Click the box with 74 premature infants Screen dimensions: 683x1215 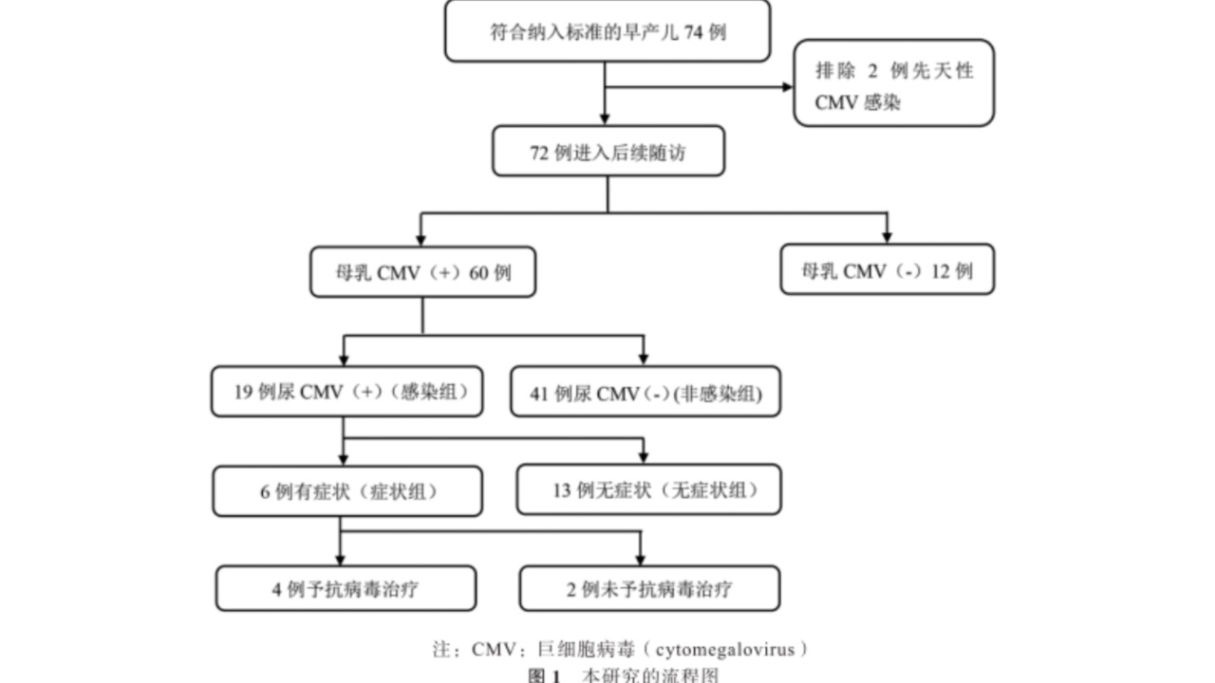(607, 31)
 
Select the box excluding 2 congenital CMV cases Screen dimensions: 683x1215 (893, 83)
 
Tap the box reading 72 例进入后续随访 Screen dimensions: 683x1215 (607, 152)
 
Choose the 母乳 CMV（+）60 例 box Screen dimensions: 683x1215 (422, 272)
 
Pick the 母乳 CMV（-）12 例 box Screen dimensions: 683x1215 (887, 270)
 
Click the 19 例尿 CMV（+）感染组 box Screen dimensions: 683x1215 (346, 392)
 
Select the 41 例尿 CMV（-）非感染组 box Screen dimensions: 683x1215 (645, 393)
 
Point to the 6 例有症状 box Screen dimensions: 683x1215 (346, 491)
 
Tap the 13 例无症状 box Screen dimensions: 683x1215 (648, 489)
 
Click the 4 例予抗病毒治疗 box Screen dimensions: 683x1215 (346, 589)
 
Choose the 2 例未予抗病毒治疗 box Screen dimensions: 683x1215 (649, 589)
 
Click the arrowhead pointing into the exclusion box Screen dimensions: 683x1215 (787, 87)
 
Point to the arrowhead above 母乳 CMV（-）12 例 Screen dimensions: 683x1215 (887, 237)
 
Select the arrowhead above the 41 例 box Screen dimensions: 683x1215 (644, 359)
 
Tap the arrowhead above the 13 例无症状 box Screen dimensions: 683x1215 (644, 456)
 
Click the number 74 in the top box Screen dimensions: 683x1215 (694, 32)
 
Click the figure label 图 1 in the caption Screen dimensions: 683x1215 (545, 675)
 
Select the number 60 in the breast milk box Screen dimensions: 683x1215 (478, 273)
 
